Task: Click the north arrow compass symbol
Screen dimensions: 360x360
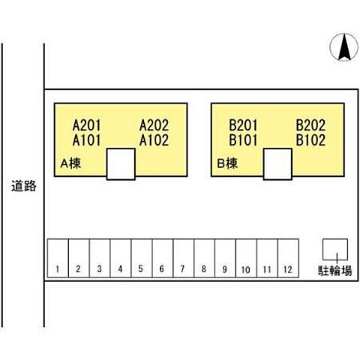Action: [x=344, y=47]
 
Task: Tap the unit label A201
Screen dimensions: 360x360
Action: [x=86, y=125]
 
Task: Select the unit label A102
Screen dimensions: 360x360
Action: [x=154, y=140]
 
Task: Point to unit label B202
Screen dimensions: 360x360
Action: [x=310, y=125]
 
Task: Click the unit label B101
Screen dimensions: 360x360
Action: [x=243, y=140]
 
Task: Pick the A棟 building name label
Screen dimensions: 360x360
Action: [x=70, y=163]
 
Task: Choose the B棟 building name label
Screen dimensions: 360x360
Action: [x=227, y=163]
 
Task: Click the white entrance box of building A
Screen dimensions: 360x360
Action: [x=121, y=164]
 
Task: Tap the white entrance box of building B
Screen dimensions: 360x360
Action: [x=277, y=164]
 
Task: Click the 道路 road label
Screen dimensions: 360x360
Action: [x=24, y=186]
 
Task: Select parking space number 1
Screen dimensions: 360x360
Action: [x=58, y=258]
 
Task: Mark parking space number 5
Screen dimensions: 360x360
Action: [x=142, y=258]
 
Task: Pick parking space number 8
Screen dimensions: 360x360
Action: [x=205, y=258]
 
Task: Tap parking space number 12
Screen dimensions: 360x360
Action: [x=288, y=258]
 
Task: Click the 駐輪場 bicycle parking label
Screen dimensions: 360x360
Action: [x=335, y=270]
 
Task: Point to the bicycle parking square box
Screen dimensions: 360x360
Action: [x=335, y=250]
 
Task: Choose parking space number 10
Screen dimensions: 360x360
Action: [x=246, y=258]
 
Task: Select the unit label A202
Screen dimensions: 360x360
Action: [x=154, y=125]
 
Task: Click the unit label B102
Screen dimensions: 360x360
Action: [x=310, y=140]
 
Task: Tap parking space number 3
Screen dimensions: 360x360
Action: [x=100, y=258]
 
